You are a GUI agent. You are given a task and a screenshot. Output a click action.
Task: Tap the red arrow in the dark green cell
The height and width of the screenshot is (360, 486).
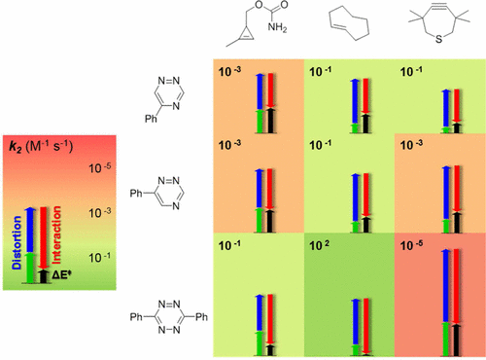(x=367, y=311)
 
